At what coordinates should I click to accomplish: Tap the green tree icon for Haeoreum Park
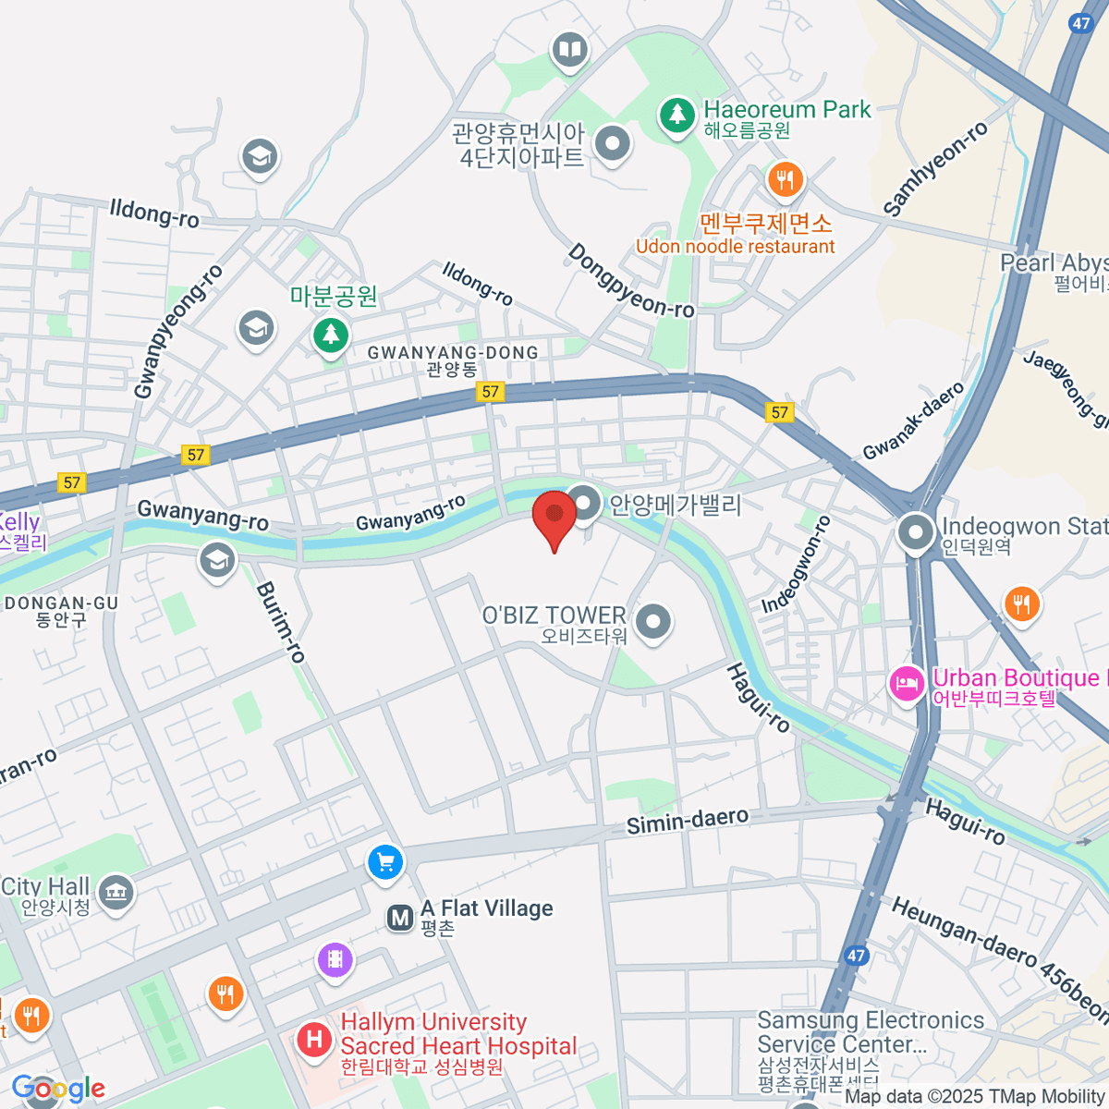coord(677,116)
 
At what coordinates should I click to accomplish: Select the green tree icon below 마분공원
coord(330,335)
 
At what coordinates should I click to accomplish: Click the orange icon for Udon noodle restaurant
coord(786,179)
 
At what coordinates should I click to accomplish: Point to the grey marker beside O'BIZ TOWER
coord(653,621)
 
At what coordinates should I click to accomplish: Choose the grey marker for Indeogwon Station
coord(916,532)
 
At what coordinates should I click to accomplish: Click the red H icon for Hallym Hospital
coord(314,1041)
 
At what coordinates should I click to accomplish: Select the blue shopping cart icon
coord(385,863)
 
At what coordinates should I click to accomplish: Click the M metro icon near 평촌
coord(400,918)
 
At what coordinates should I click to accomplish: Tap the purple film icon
coord(335,960)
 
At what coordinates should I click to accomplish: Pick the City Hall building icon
coord(116,893)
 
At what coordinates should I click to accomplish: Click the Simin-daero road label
coord(687,821)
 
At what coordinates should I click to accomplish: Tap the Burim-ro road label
coord(280,622)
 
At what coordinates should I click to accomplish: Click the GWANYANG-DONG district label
coord(453,353)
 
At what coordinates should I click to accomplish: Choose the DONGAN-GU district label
coord(62,603)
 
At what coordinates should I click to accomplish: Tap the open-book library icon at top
coord(570,49)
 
